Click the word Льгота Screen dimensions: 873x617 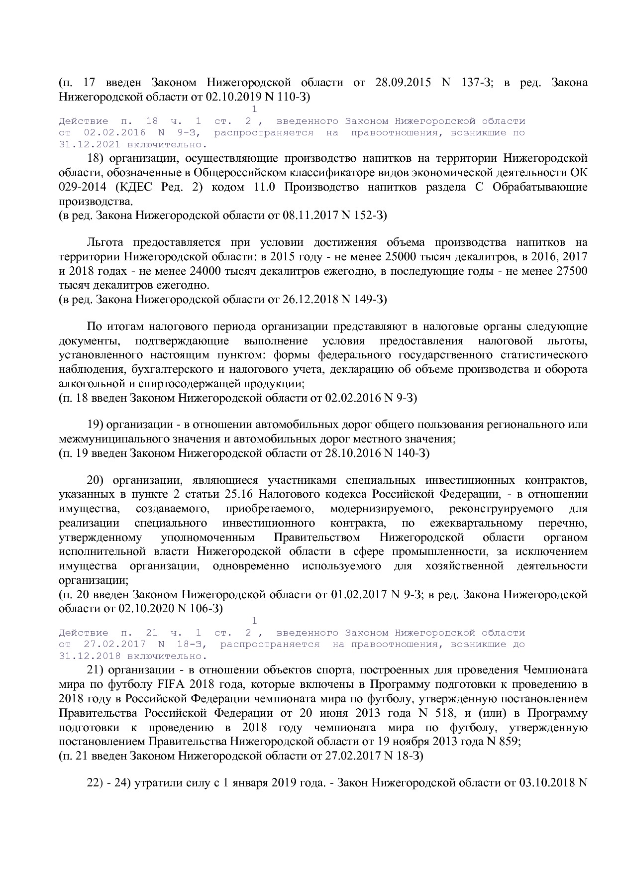pos(103,242)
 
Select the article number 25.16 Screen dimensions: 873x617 pos(240,494)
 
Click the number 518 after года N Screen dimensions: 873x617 pos(449,713)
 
